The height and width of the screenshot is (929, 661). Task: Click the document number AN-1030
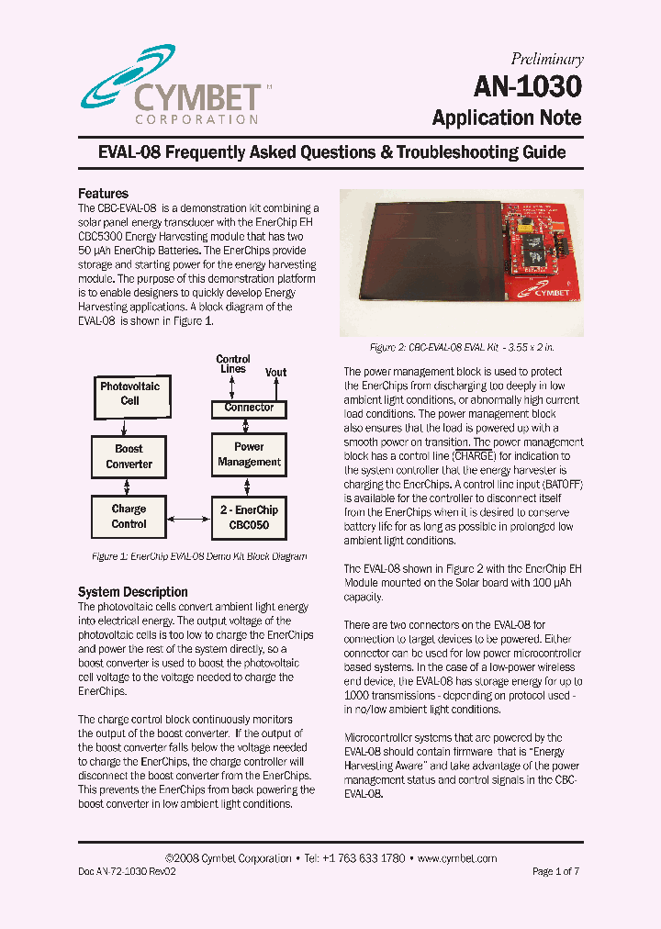tap(528, 86)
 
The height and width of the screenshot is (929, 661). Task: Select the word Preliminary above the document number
tap(547, 59)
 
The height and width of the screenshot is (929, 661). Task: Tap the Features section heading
tap(103, 194)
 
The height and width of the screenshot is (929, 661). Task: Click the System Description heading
tap(133, 592)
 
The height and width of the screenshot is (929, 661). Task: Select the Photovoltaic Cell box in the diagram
tap(129, 394)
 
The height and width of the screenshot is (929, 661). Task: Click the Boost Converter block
tap(129, 456)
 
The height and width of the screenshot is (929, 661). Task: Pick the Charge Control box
tap(129, 516)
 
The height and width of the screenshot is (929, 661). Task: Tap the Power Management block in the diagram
tap(249, 454)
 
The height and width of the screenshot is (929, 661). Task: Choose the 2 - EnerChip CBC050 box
tap(249, 517)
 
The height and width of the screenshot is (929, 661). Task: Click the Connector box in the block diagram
tap(249, 407)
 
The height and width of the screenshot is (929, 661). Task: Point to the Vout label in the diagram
tap(275, 372)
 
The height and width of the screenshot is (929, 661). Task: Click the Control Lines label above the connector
tap(233, 364)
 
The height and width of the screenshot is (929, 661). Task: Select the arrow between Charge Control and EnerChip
tap(188, 519)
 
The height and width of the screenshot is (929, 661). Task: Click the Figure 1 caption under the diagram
tap(199, 556)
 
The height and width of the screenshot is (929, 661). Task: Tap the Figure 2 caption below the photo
tap(462, 348)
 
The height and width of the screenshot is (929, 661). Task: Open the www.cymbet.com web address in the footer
tap(456, 858)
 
